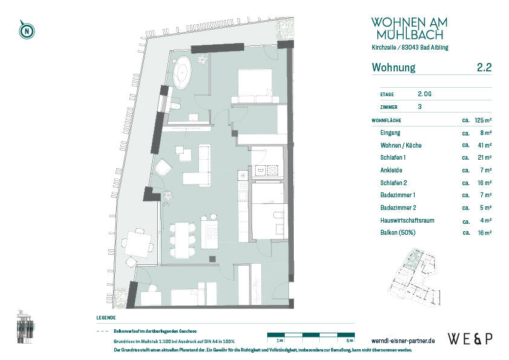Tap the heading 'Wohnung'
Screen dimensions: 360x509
[x=393, y=68]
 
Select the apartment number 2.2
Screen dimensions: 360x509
[x=484, y=68]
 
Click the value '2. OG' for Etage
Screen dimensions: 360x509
[x=424, y=94]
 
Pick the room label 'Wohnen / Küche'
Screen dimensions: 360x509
[x=401, y=145]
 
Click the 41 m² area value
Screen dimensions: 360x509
[x=484, y=145]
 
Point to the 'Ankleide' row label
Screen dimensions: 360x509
[x=391, y=170]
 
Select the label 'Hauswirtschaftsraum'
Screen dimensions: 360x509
[x=407, y=220]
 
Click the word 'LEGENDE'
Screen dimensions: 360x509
[x=106, y=318]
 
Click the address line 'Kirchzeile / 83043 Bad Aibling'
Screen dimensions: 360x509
[x=410, y=47]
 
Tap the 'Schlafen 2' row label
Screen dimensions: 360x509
[x=394, y=183]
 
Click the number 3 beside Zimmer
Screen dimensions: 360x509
[x=420, y=106]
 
